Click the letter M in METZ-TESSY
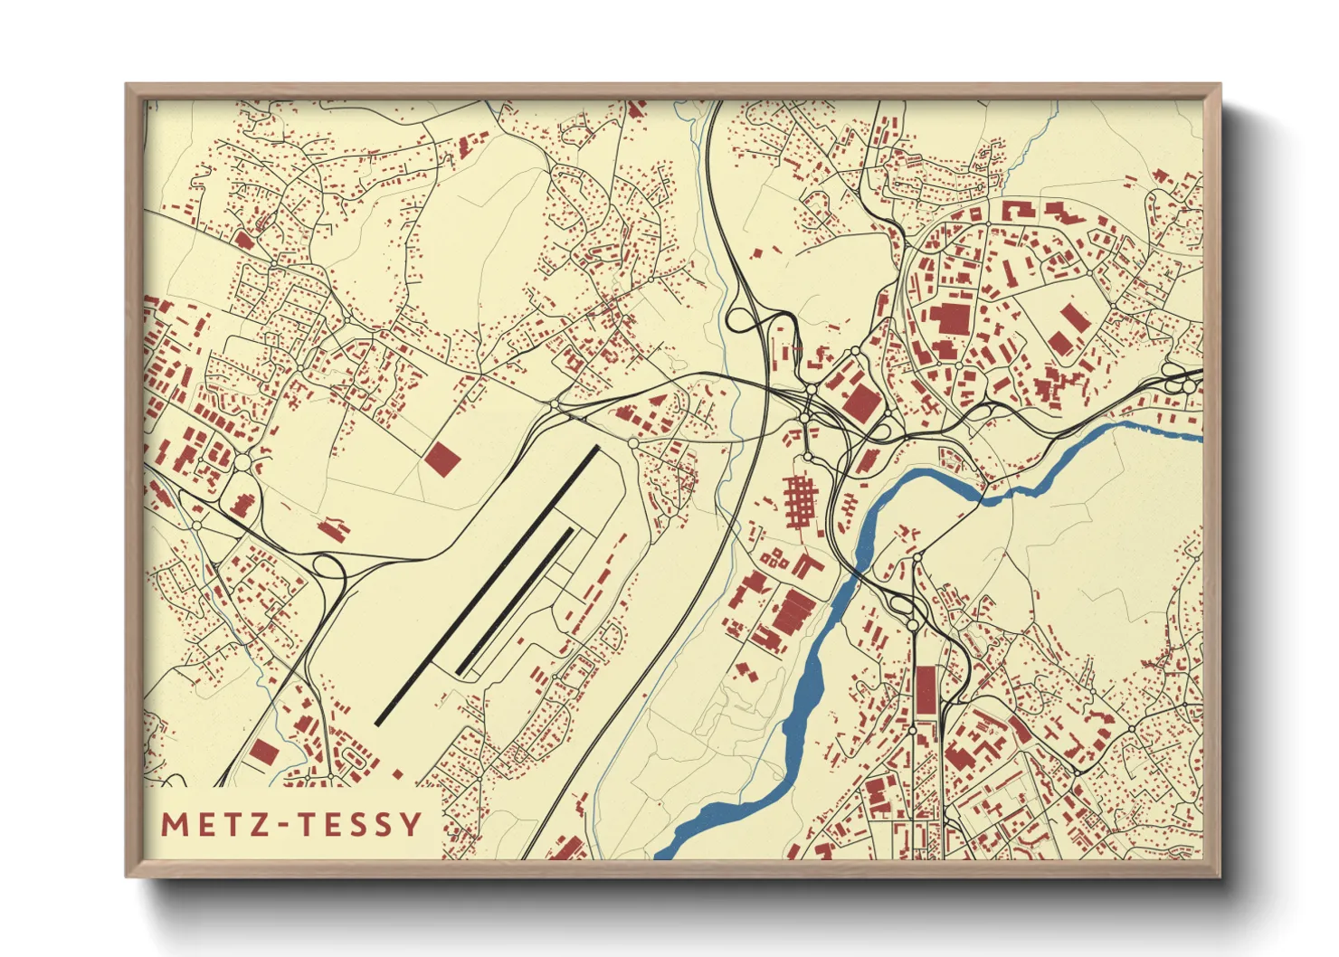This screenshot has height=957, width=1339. [x=174, y=825]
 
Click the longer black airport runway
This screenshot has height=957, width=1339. [x=487, y=585]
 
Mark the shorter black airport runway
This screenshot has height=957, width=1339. [x=516, y=602]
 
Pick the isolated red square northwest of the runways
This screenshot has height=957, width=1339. [x=443, y=459]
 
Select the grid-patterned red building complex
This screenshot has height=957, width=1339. [x=799, y=498]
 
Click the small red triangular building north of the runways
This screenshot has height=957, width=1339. [x=656, y=398]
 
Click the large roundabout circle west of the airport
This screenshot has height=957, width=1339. [x=242, y=463]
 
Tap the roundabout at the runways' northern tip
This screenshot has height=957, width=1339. [x=632, y=443]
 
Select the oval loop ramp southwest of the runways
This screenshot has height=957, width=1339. [x=330, y=568]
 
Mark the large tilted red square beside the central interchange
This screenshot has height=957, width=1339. [x=860, y=402]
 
